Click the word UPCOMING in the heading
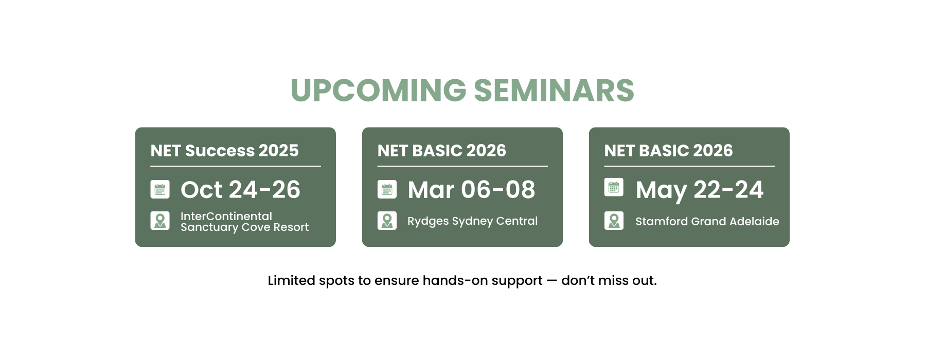pyautogui.click(x=379, y=91)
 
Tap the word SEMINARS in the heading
pyautogui.click(x=554, y=91)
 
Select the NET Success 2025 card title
pyautogui.click(x=224, y=150)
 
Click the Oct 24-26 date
pyautogui.click(x=240, y=189)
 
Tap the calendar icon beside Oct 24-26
pyautogui.click(x=160, y=189)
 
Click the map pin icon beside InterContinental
pyautogui.click(x=160, y=221)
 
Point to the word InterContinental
pyautogui.click(x=226, y=216)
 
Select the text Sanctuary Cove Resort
pyautogui.click(x=245, y=227)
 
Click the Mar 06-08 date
pyautogui.click(x=471, y=189)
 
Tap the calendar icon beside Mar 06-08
pyautogui.click(x=387, y=189)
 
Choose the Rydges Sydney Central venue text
pyautogui.click(x=472, y=221)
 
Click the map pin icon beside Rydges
pyautogui.click(x=387, y=221)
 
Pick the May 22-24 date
pyautogui.click(x=700, y=190)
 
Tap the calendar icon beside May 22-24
pyautogui.click(x=614, y=187)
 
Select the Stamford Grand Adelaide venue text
pyautogui.click(x=707, y=221)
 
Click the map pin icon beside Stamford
pyautogui.click(x=614, y=221)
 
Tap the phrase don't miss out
pyautogui.click(x=609, y=280)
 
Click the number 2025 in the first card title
pyautogui.click(x=278, y=150)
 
